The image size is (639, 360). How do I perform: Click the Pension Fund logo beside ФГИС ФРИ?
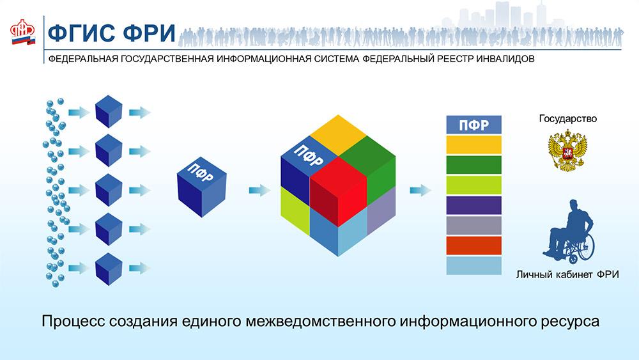[x=23, y=32]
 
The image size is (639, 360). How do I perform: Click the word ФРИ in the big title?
[x=149, y=33]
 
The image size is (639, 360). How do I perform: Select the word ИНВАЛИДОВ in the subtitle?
[x=505, y=59]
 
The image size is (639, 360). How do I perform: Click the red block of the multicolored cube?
[x=338, y=191]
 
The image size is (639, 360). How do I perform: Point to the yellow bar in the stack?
[x=474, y=145]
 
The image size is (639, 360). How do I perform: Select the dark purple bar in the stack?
[x=474, y=205]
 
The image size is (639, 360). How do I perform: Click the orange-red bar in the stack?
[x=474, y=246]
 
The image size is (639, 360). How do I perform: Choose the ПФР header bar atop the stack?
[x=474, y=125]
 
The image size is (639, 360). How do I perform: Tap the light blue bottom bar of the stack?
[x=474, y=265]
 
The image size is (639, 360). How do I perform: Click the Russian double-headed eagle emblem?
[x=567, y=150]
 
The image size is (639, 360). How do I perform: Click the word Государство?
[x=567, y=119]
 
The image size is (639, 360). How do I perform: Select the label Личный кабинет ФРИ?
[x=567, y=274]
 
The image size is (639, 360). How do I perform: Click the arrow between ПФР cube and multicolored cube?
[x=259, y=190]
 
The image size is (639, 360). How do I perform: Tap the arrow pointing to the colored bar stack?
[x=420, y=190]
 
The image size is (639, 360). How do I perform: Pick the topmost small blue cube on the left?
[x=109, y=112]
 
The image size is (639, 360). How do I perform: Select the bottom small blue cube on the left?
[x=109, y=269]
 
